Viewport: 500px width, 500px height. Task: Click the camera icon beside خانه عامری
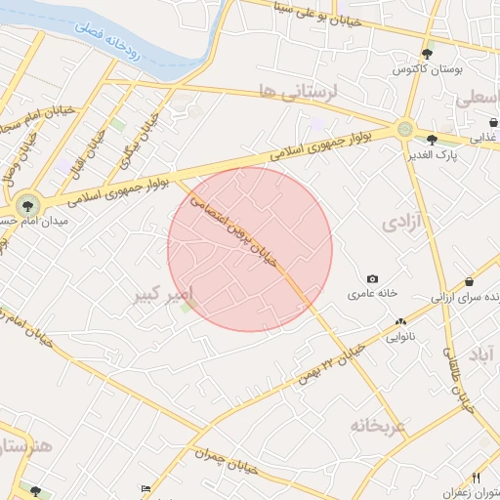pyautogui.click(x=371, y=279)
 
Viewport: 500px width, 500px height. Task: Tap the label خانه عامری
pyautogui.click(x=371, y=294)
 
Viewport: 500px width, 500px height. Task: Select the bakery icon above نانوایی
pyautogui.click(x=400, y=322)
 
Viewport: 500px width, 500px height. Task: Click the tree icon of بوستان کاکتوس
pyautogui.click(x=427, y=54)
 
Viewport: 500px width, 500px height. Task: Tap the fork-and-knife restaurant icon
pyautogui.click(x=477, y=478)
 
